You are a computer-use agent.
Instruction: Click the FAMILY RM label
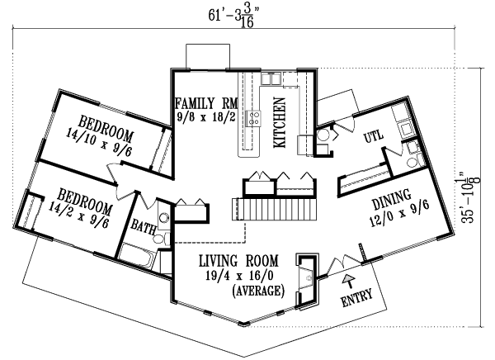coord(205,103)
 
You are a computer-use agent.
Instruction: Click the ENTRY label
coord(356,295)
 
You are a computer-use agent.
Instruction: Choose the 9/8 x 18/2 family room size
coord(205,118)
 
